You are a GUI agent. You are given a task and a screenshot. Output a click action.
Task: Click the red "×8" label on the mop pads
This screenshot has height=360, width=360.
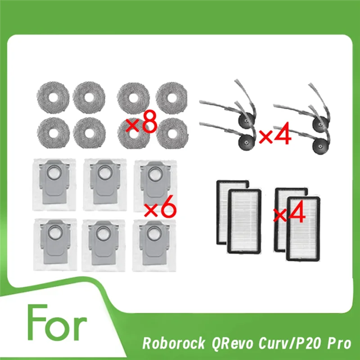[141, 123]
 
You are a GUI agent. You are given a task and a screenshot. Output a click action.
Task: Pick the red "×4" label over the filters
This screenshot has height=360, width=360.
[290, 211]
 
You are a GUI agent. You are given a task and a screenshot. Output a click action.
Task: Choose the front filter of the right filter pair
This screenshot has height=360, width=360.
[303, 228]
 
